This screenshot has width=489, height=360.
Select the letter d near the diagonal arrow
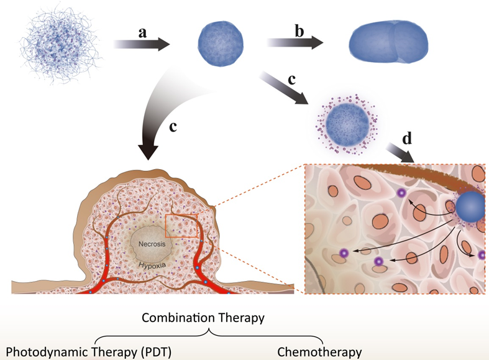coord(407,139)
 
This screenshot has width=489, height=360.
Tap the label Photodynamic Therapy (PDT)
coord(86,351)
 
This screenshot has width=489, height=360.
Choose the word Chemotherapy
coord(319,351)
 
